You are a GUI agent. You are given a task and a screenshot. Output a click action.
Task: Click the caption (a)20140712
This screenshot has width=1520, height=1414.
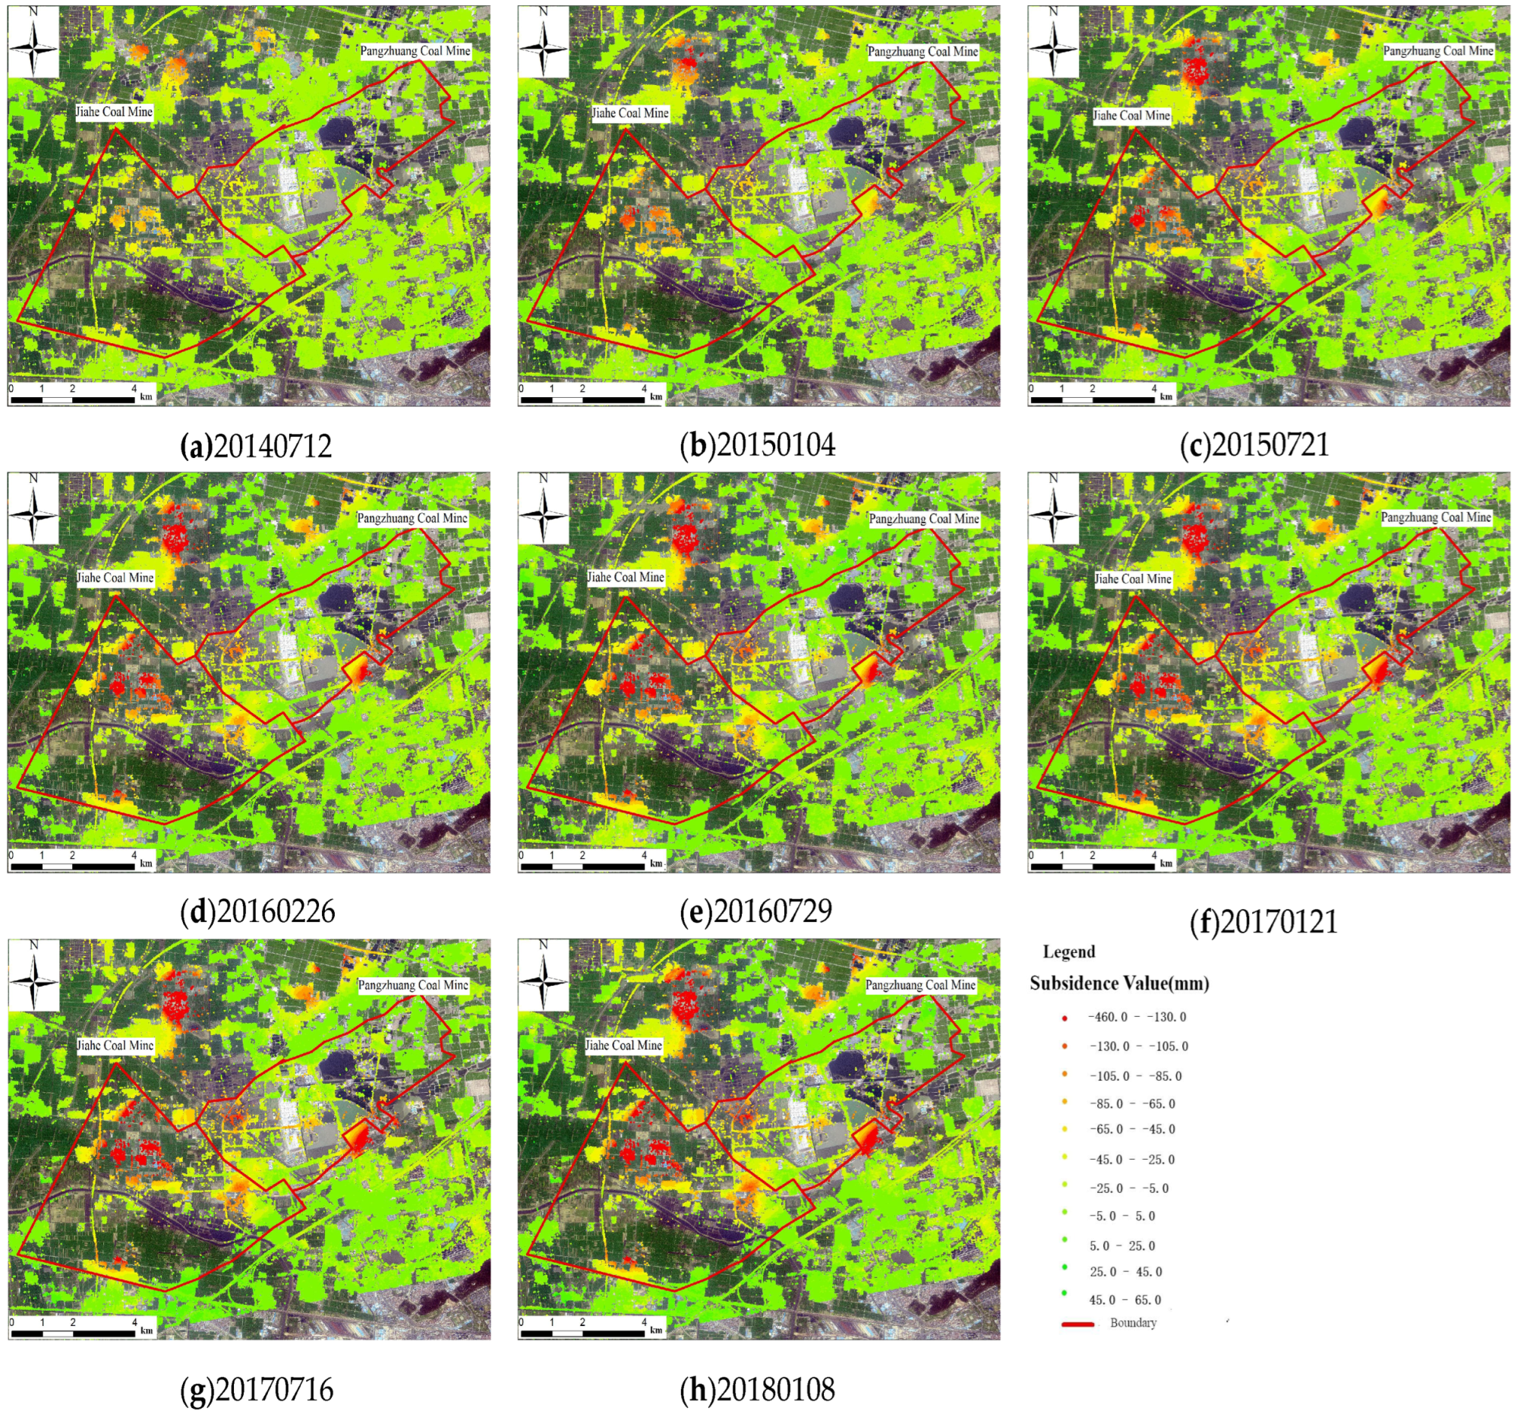pyautogui.click(x=256, y=446)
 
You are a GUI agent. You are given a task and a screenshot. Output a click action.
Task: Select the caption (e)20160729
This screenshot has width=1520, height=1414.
pyautogui.click(x=756, y=911)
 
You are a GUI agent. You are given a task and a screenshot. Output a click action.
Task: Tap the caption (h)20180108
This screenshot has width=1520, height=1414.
pyautogui.click(x=758, y=1389)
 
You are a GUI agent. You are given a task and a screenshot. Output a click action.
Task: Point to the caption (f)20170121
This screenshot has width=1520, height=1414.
pyautogui.click(x=1264, y=921)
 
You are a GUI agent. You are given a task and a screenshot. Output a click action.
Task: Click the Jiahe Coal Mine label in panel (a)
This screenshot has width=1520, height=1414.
pyautogui.click(x=114, y=112)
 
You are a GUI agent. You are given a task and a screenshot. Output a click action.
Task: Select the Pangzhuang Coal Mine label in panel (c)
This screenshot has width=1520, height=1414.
pyautogui.click(x=1437, y=51)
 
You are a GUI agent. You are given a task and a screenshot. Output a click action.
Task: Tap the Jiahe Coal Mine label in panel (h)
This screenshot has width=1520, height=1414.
pyautogui.click(x=623, y=1045)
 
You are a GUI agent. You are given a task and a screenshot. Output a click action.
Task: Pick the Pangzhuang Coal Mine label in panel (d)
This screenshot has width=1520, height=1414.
pyautogui.click(x=412, y=518)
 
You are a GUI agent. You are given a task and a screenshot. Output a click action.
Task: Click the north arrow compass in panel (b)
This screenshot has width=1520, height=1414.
pyautogui.click(x=543, y=42)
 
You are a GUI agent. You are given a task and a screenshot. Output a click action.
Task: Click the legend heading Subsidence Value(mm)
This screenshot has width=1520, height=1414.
pyautogui.click(x=1119, y=983)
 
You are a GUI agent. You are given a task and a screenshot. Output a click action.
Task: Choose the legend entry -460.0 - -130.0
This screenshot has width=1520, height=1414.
pyautogui.click(x=1137, y=1017)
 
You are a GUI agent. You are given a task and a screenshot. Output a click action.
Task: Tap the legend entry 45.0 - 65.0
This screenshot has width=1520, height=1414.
pyautogui.click(x=1124, y=1299)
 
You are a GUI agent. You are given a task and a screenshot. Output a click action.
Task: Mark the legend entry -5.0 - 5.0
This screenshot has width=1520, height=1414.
pyautogui.click(x=1121, y=1215)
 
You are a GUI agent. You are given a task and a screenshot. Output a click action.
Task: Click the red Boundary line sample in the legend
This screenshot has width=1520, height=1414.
pyautogui.click(x=1077, y=1324)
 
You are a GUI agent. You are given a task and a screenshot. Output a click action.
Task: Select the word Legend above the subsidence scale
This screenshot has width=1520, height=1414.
pyautogui.click(x=1069, y=952)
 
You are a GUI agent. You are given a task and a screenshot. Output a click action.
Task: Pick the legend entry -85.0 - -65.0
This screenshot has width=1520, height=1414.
pyautogui.click(x=1132, y=1103)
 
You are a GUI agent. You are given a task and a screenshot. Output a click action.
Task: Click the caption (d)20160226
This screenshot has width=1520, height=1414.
pyautogui.click(x=257, y=911)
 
